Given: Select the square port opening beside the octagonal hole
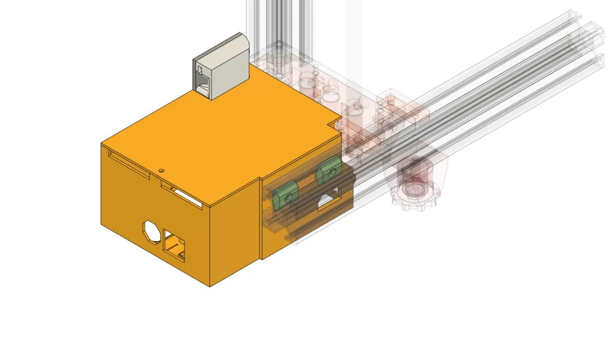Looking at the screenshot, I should (175, 246).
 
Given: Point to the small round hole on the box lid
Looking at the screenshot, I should (161, 169).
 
